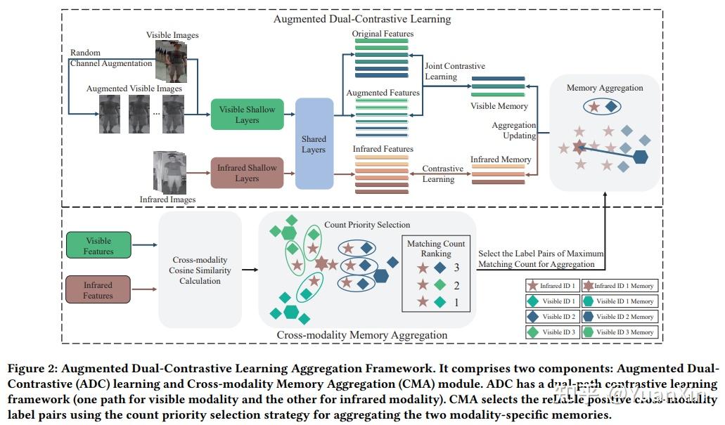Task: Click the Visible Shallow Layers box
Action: (x=247, y=115)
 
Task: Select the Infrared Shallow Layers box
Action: (x=246, y=173)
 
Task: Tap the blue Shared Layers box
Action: (x=314, y=144)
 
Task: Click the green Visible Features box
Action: (x=98, y=246)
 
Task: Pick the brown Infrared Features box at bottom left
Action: (x=98, y=290)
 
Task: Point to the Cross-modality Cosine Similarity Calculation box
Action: (x=200, y=270)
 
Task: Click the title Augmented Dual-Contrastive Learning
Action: (x=362, y=19)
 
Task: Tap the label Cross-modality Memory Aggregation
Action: (x=361, y=335)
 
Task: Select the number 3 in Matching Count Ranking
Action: (x=456, y=268)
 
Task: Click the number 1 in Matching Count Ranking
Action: (x=456, y=302)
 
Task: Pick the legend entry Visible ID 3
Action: (x=558, y=332)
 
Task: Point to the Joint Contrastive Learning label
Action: (x=454, y=71)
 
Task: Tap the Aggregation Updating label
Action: (x=513, y=130)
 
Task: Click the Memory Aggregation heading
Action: (x=605, y=88)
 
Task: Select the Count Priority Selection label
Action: (x=367, y=225)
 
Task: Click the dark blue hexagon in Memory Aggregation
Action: (x=640, y=157)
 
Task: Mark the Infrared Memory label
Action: (x=501, y=159)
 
